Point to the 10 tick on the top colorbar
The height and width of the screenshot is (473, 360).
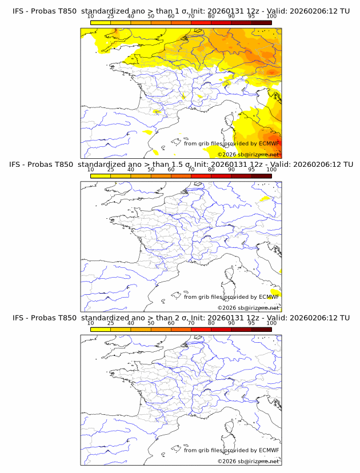click(90, 17)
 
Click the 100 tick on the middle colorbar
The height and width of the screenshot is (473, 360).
click(271, 170)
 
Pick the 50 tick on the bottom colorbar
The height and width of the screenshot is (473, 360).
click(151, 323)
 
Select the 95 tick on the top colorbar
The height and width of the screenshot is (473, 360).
click(251, 17)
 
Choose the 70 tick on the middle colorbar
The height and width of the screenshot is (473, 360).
click(191, 170)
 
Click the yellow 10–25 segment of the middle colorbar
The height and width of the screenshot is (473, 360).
click(101, 175)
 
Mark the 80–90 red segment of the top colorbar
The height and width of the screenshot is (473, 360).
click(221, 22)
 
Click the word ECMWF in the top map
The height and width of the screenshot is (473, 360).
click(269, 143)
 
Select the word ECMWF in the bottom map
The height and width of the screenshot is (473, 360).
click(269, 450)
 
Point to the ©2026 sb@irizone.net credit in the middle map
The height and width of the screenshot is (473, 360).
click(249, 307)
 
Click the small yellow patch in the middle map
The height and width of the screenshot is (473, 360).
click(263, 199)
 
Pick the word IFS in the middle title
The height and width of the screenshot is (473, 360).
click(18, 165)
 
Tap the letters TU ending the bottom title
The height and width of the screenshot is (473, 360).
click(345, 318)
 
